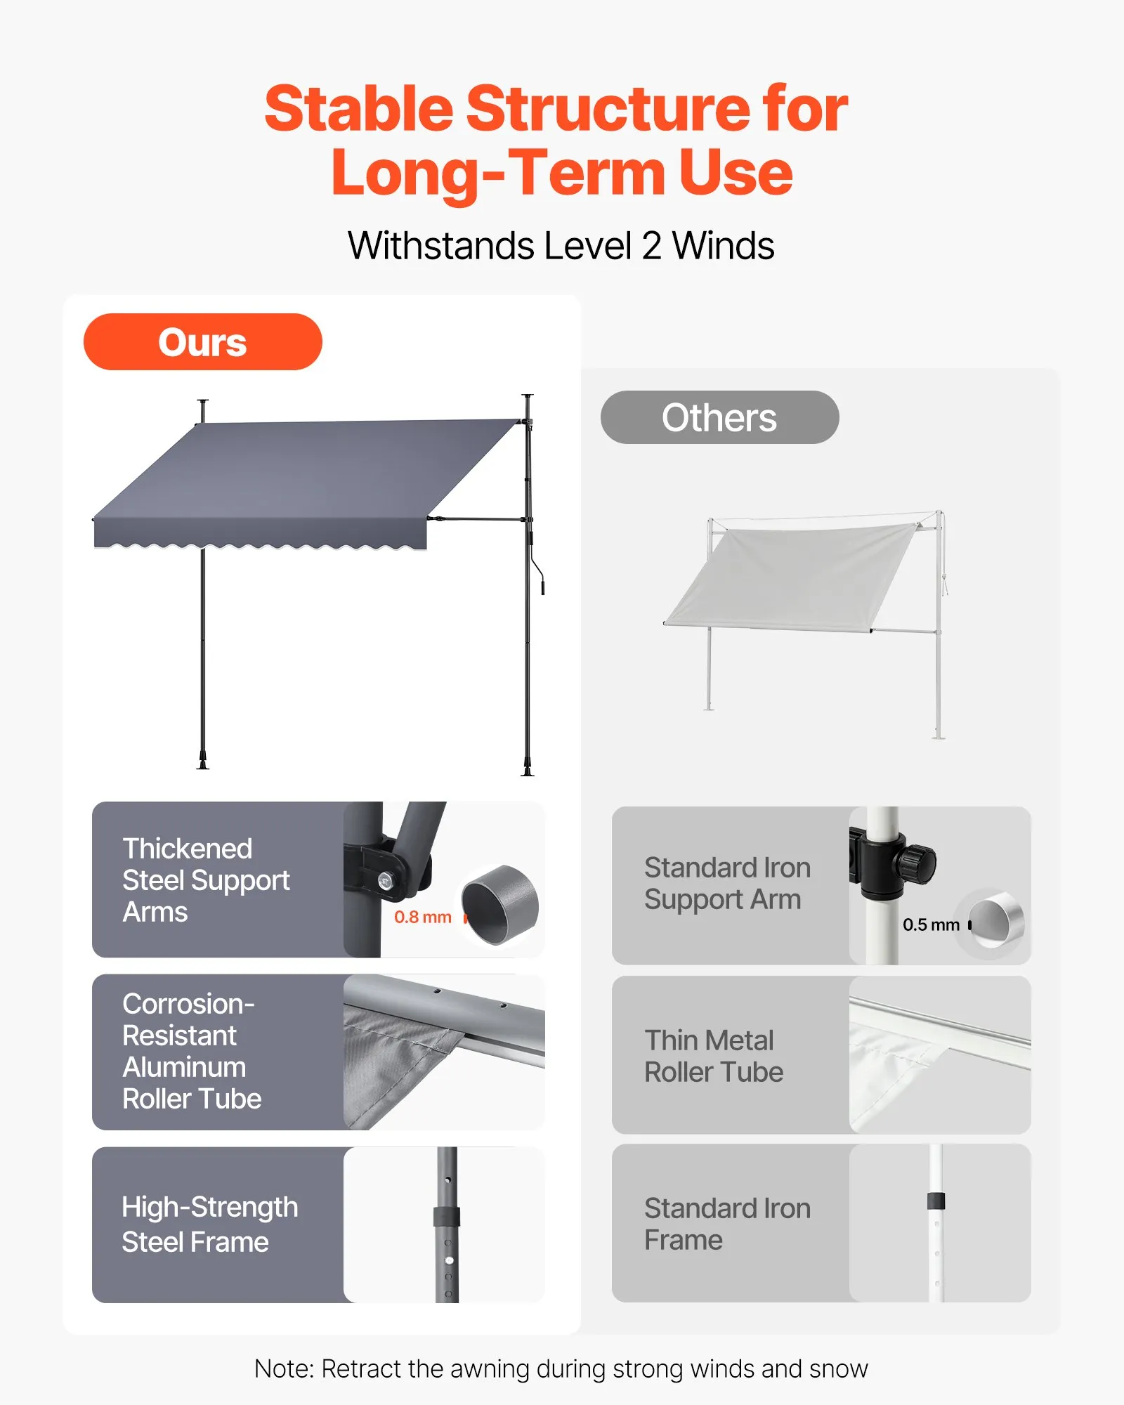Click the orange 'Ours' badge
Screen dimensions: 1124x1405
point(202,342)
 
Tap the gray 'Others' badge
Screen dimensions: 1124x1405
point(719,417)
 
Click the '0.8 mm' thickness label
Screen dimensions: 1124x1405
point(422,917)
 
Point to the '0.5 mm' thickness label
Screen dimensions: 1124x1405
point(931,924)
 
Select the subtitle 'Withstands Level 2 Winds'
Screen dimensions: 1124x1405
point(561,246)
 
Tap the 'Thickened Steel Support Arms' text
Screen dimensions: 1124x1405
point(206,880)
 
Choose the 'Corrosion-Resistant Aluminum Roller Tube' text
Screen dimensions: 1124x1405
point(192,1051)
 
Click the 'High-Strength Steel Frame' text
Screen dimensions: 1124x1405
point(209,1224)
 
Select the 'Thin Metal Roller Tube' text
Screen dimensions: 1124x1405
point(714,1056)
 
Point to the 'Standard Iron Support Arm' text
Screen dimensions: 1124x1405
point(727,884)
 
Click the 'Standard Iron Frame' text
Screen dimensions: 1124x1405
point(727,1224)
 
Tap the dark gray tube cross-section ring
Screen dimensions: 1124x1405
point(500,906)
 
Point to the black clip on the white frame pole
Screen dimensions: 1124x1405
point(936,1201)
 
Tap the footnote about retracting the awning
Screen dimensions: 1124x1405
point(561,1368)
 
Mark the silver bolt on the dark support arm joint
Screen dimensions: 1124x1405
point(385,880)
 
